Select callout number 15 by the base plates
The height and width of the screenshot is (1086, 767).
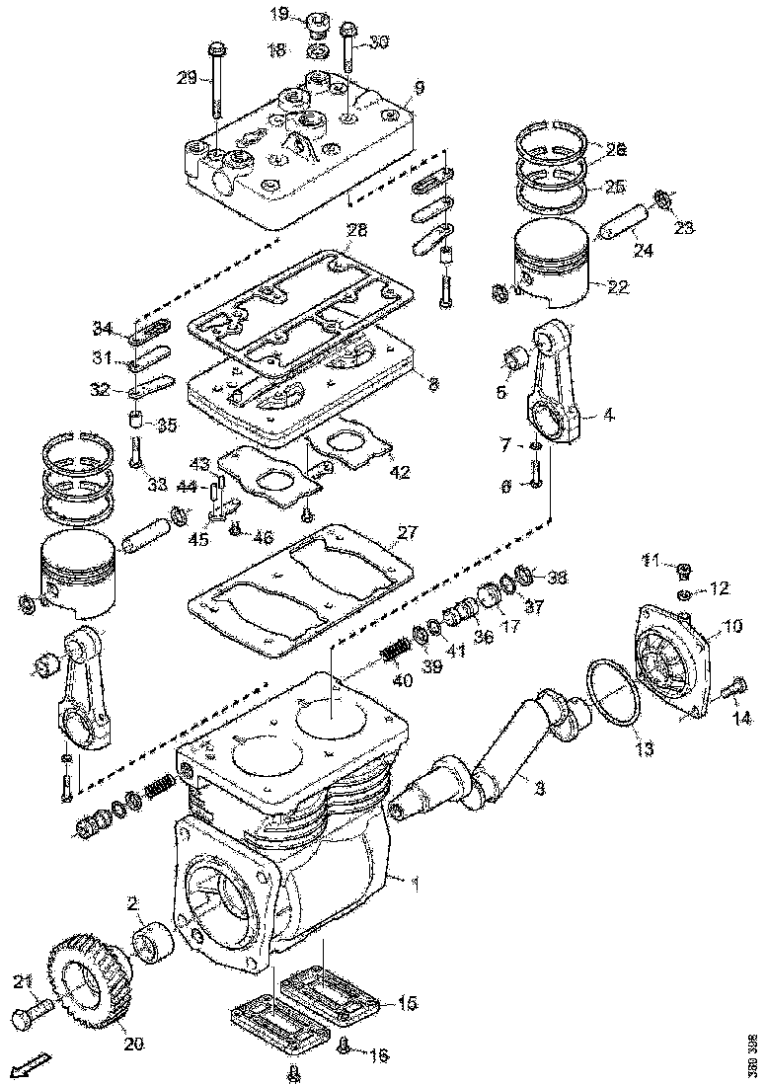pyautogui.click(x=407, y=1003)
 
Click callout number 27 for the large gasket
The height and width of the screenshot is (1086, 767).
pyautogui.click(x=407, y=533)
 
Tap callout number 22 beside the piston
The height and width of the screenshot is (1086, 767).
pyautogui.click(x=617, y=287)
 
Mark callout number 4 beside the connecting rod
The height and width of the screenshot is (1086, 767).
pyautogui.click(x=609, y=415)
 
